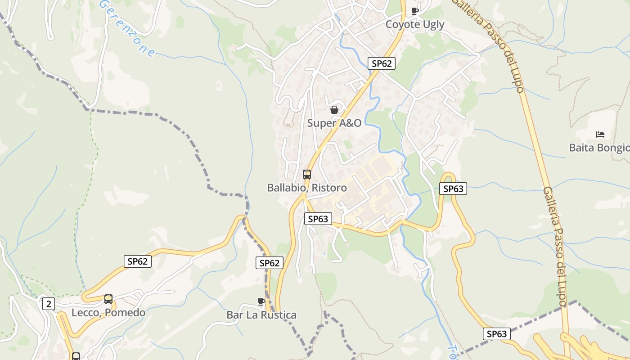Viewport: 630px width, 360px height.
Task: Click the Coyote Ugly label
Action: pos(414,25)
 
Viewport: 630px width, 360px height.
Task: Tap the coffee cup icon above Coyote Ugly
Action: pos(415,11)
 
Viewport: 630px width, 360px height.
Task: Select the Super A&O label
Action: pos(334,123)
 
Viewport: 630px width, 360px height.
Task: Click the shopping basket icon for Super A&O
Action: pos(334,110)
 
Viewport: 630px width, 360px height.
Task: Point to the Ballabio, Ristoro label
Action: pos(307,188)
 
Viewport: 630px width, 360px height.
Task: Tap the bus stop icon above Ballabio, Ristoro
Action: pos(307,175)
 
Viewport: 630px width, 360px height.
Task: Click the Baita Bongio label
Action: pos(599,148)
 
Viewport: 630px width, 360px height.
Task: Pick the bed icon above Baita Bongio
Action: pos(600,134)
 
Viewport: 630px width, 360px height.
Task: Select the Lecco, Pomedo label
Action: pos(108,313)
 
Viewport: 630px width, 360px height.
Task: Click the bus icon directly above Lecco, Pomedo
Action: pos(108,299)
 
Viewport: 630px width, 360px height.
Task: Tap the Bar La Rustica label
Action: pos(261,315)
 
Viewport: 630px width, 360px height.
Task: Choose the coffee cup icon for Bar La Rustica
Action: pos(261,301)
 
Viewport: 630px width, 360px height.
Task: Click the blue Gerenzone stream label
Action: pos(127,28)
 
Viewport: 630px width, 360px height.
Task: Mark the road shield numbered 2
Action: pos(48,304)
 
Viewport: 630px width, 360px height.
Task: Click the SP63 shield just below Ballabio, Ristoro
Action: pos(318,219)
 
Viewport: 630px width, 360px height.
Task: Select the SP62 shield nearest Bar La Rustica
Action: pos(270,263)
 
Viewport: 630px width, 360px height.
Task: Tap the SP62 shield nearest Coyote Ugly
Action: pos(381,63)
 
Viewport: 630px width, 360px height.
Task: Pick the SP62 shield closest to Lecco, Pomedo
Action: pos(138,261)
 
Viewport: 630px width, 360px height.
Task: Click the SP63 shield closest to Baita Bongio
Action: pos(453,189)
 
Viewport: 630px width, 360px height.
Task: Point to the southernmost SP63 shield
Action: pos(497,334)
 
